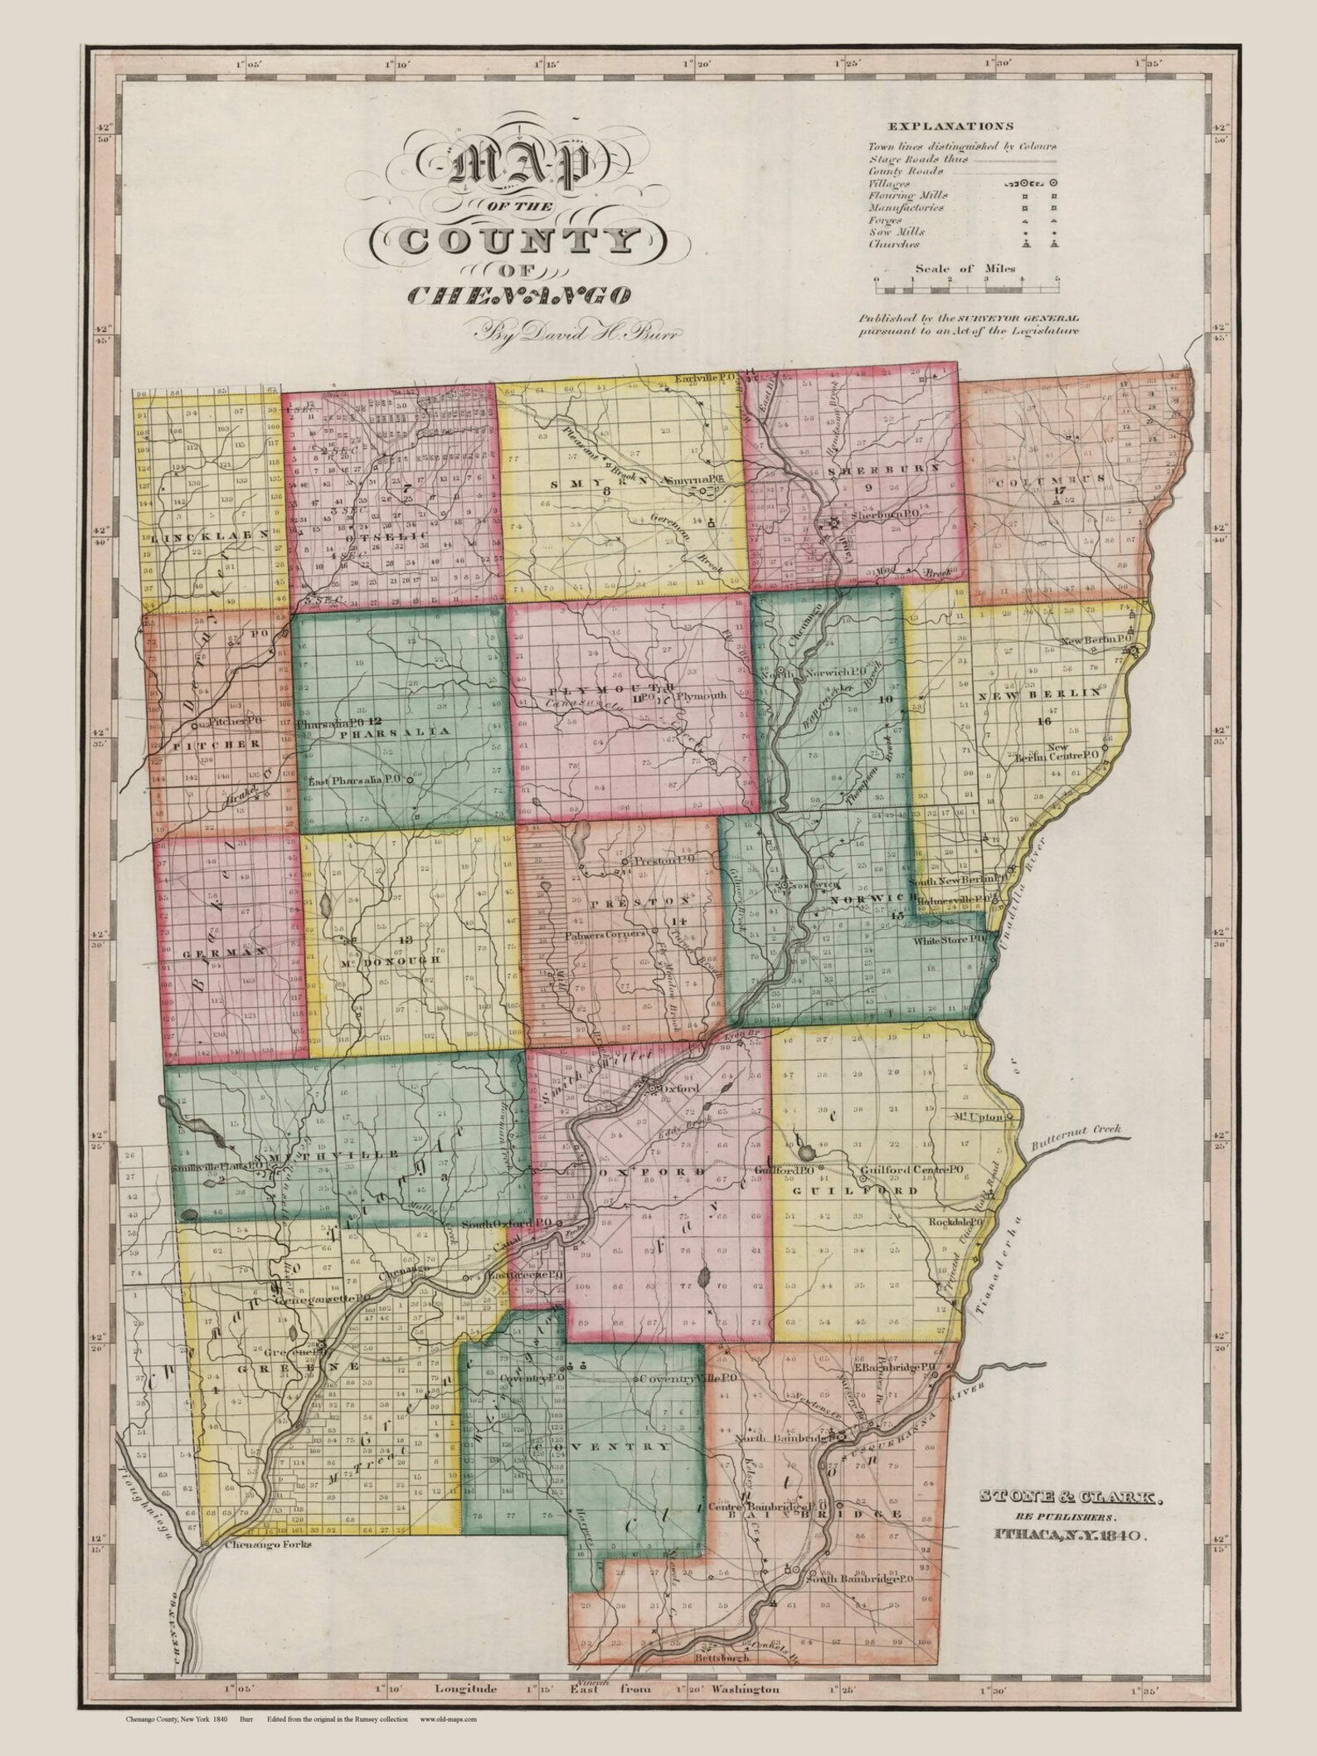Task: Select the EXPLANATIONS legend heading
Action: tap(950, 127)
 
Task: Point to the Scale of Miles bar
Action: tap(965, 288)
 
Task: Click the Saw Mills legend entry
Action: tap(891, 232)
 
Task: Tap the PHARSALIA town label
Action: tap(395, 732)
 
